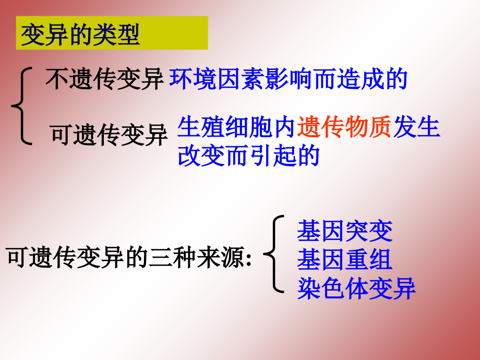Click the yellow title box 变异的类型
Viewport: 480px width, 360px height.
112,33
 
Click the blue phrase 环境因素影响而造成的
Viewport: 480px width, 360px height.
289,79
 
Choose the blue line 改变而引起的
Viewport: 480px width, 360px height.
248,155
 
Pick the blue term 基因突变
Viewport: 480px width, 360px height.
344,231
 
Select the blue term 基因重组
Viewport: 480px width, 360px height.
344,260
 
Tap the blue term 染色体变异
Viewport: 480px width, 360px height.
356,289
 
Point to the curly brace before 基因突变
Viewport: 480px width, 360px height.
275,254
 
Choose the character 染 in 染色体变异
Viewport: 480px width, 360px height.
309,289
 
